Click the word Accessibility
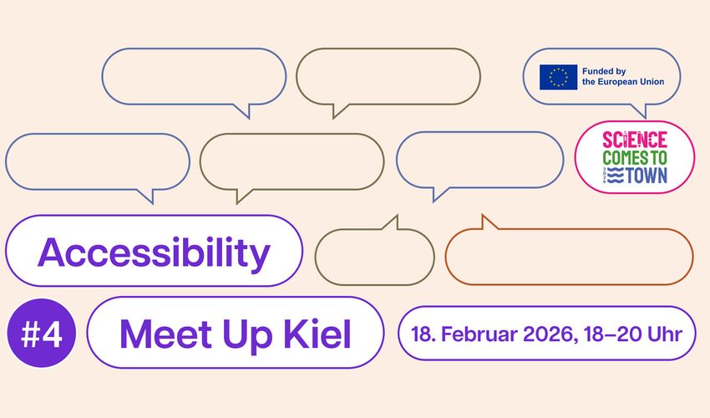[x=154, y=252]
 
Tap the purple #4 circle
[x=42, y=333]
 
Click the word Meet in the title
[x=165, y=334]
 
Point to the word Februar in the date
[x=479, y=334]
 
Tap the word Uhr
[x=665, y=334]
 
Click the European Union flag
[x=558, y=77]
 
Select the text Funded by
[x=604, y=71]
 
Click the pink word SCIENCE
[x=635, y=140]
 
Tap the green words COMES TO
[x=635, y=158]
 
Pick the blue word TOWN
[x=647, y=176]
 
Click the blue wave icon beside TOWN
[x=616, y=176]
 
